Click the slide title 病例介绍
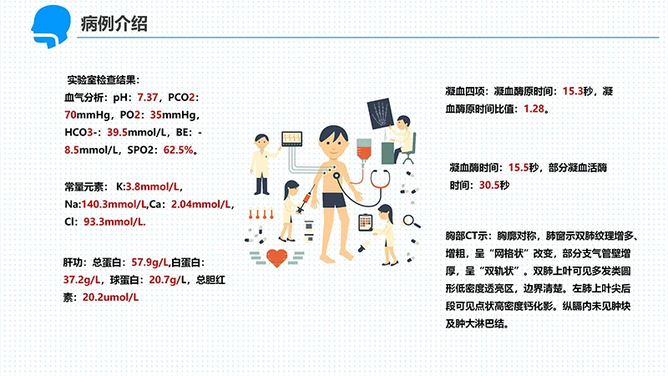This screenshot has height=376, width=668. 114,23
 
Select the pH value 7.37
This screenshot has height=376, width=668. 148,98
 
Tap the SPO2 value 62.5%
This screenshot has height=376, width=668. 179,150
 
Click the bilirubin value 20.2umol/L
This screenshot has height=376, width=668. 110,297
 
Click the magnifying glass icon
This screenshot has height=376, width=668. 410,221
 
